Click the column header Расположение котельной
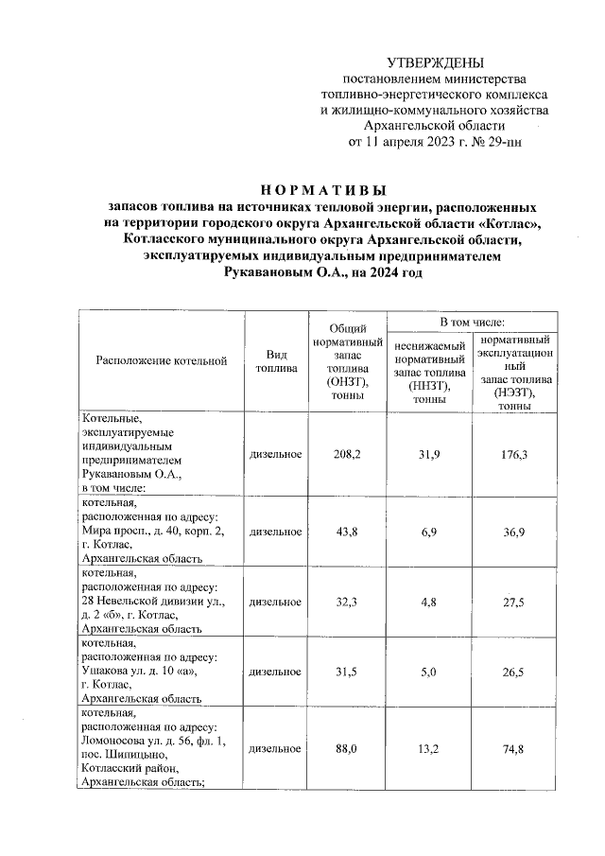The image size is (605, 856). (162, 360)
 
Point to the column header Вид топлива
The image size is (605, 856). (275, 360)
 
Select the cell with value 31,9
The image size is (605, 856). (430, 454)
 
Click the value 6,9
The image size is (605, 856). (430, 533)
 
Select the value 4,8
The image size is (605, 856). (430, 601)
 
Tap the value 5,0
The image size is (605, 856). (430, 671)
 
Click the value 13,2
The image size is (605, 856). (430, 748)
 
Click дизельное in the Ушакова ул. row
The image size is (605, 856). (275, 671)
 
